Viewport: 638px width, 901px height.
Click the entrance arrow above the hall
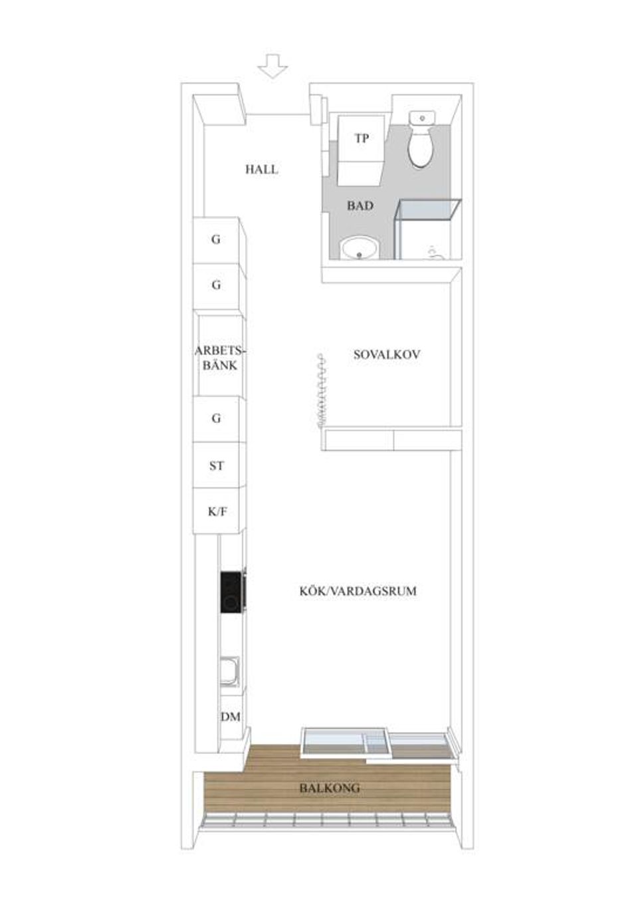tap(272, 66)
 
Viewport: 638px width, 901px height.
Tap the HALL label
tap(262, 170)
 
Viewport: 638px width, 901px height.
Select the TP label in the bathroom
tap(362, 139)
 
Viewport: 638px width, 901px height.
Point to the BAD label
tap(360, 206)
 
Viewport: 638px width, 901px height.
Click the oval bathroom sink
tap(360, 250)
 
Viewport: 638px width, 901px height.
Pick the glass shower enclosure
tap(427, 229)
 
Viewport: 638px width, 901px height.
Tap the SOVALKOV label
tap(386, 354)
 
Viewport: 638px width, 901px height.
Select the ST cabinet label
tap(217, 466)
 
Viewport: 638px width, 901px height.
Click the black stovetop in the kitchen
tap(231, 592)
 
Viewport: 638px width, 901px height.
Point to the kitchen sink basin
tap(231, 672)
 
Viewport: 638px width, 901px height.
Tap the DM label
tap(230, 717)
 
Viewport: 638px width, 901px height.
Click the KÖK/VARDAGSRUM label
tap(358, 590)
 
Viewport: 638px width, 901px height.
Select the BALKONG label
tap(329, 788)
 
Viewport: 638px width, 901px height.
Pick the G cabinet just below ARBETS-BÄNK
tap(216, 419)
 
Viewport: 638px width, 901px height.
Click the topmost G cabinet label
tap(216, 239)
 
